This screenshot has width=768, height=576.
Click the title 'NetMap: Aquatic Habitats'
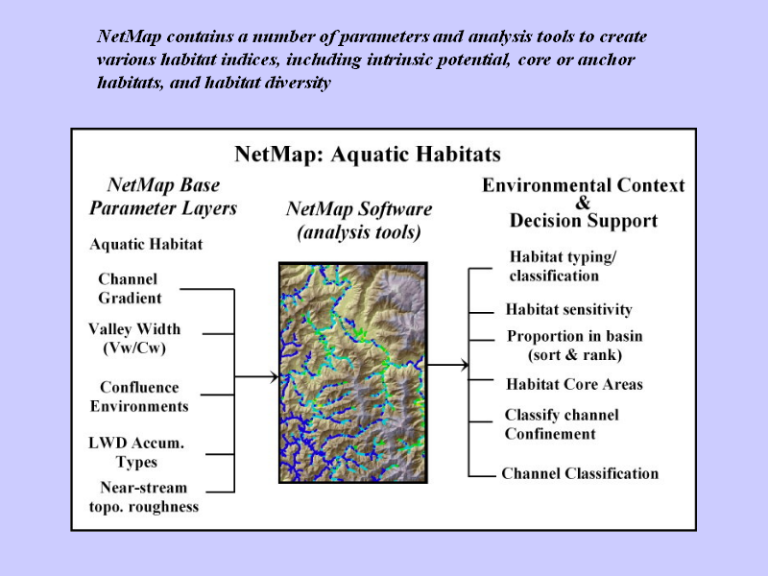(368, 155)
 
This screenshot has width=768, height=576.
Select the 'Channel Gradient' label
(130, 289)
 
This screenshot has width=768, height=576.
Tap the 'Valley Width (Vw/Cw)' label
(134, 339)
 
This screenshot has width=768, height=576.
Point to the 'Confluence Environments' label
(139, 396)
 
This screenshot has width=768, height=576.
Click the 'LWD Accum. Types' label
(136, 452)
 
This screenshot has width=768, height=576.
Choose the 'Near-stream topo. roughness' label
(143, 496)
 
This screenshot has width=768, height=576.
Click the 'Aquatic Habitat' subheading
(146, 244)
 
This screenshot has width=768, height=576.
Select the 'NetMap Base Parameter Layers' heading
(163, 197)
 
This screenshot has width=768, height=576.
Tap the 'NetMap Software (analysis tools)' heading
(359, 220)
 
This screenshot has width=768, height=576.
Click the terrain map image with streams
(353, 372)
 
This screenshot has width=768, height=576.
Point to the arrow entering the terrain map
(256, 376)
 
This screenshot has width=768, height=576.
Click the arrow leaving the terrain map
(448, 365)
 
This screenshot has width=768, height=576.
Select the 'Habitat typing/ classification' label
(563, 266)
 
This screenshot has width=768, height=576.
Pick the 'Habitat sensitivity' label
(568, 309)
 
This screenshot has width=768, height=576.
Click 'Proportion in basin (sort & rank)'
(574, 346)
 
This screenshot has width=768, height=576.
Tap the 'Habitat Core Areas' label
(574, 384)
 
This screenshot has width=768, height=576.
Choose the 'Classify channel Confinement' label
(562, 424)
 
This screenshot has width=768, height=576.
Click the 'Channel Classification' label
(580, 473)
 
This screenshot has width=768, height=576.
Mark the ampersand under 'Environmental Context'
(583, 203)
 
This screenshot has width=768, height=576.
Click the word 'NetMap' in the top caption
(129, 36)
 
